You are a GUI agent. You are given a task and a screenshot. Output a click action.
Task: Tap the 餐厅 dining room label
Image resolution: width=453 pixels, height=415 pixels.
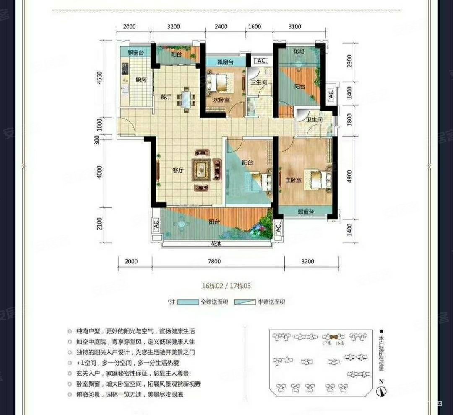(x=166, y=97)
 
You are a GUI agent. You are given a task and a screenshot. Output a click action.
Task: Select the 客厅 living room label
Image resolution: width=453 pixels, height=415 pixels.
(x=179, y=170)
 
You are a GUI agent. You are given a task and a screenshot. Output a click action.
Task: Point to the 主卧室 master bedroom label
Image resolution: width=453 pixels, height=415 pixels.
(x=293, y=180)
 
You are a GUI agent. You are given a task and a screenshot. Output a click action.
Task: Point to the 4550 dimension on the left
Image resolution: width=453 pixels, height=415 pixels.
(x=99, y=79)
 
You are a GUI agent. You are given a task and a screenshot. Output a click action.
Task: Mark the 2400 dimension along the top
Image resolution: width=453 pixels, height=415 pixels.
(x=221, y=27)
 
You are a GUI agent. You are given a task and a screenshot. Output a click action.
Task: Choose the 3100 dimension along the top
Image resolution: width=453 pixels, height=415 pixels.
(x=295, y=27)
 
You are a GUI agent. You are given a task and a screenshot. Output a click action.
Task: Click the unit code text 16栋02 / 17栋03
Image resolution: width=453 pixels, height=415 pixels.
(x=226, y=286)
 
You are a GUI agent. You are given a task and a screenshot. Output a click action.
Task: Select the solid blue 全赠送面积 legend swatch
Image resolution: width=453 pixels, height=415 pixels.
(x=187, y=302)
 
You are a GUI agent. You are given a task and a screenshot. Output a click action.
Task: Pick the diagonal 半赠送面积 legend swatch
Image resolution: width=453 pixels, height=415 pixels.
(x=244, y=302)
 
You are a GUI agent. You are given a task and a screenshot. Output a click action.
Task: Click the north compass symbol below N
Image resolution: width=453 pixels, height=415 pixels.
(x=381, y=392)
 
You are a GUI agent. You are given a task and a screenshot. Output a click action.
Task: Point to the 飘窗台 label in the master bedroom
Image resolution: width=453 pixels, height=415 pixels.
(x=306, y=212)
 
